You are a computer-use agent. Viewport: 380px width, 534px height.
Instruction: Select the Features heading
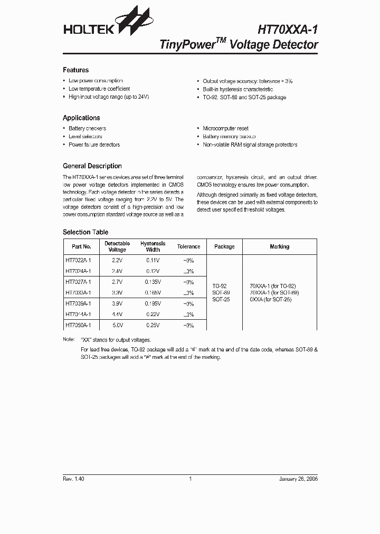click(75, 70)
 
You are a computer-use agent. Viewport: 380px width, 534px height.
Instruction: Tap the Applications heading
click(81, 118)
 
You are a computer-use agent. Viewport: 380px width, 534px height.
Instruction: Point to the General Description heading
click(92, 166)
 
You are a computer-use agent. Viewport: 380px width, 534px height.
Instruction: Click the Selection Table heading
click(85, 232)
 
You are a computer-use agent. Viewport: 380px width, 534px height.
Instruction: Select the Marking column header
click(279, 246)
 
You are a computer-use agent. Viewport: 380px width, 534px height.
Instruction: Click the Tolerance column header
click(188, 246)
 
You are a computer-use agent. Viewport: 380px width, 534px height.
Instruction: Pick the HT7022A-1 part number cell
click(78, 260)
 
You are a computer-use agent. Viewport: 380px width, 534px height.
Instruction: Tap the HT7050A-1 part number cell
click(78, 325)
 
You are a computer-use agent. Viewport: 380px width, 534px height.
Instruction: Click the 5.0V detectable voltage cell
click(117, 325)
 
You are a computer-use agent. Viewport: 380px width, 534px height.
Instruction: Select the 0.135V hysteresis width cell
click(153, 282)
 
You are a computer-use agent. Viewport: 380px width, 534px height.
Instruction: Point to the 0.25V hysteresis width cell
click(153, 325)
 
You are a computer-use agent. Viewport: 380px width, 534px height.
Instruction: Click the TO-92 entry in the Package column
click(220, 285)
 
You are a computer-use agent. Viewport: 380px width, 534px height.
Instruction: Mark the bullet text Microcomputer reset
click(225, 128)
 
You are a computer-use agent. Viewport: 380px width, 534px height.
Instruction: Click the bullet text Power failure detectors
click(94, 145)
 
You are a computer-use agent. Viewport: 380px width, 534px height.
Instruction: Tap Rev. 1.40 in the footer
click(73, 479)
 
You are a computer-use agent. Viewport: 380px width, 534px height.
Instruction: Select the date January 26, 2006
click(298, 479)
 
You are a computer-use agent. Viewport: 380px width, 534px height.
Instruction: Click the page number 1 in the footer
click(190, 479)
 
